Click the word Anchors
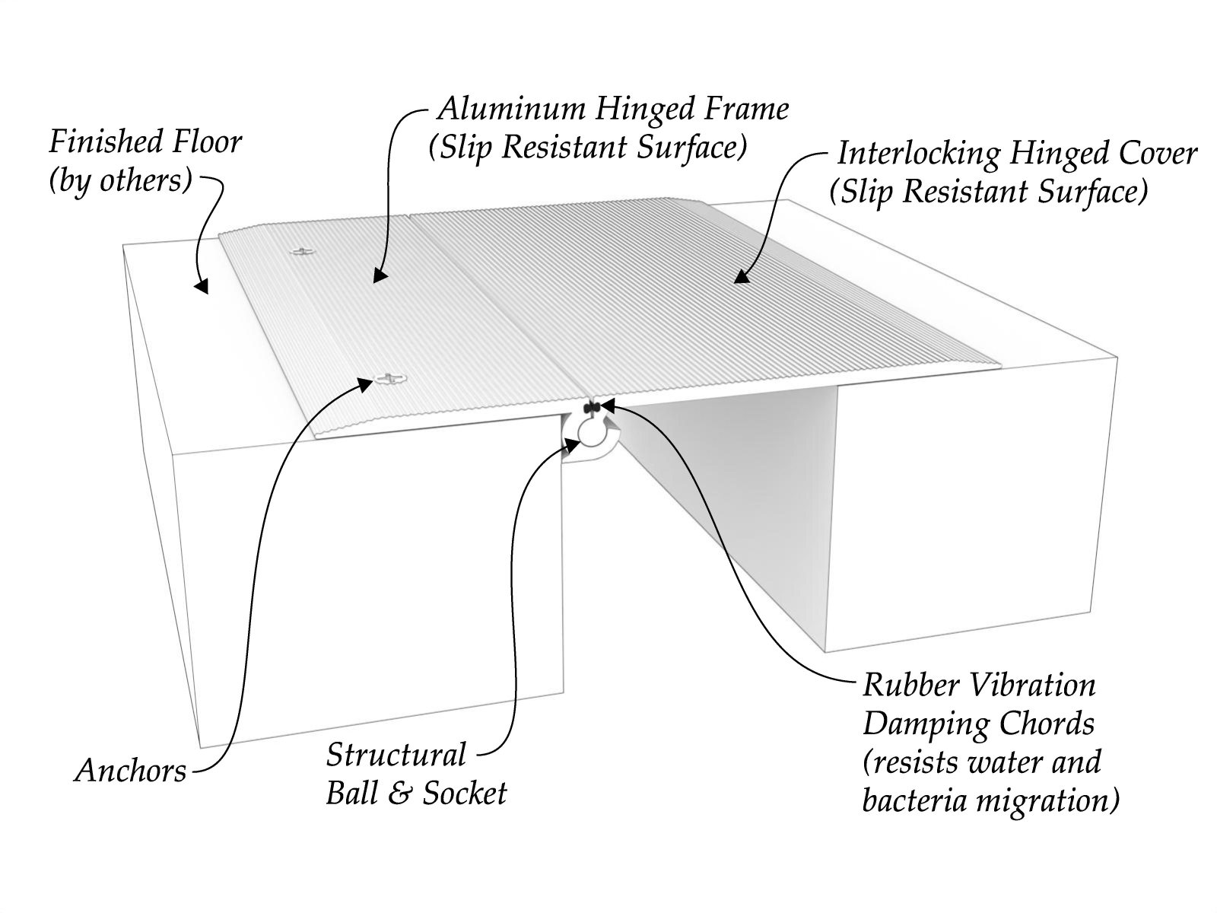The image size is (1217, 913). coord(130,771)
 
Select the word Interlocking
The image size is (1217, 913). coord(917,154)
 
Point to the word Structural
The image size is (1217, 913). coord(396,756)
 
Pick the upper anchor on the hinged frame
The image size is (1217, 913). coord(303,250)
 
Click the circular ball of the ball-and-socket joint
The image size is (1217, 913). coord(590,431)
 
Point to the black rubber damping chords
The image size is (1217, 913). coord(593,408)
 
